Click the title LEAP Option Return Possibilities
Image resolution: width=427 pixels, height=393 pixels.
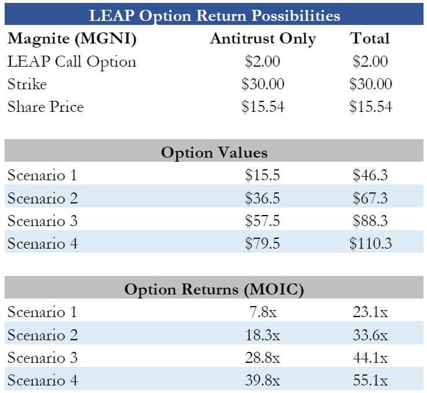coord(214,15)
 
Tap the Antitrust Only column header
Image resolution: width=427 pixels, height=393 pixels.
coord(262,39)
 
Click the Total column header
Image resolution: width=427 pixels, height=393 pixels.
coord(370,39)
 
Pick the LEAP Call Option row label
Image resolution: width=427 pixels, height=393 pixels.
coord(72,61)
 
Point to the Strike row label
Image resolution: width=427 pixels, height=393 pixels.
coord(27,84)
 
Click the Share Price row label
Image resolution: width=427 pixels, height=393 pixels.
coord(45,107)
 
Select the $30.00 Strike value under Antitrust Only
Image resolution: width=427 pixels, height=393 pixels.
coord(262,84)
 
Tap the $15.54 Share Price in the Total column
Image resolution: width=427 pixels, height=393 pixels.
coord(370,107)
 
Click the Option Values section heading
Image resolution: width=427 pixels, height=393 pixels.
coord(214,152)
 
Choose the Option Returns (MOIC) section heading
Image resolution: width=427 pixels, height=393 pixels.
coord(214,289)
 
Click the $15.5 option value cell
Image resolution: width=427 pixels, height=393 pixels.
coord(262,175)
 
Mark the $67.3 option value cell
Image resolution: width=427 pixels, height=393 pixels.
coord(370,198)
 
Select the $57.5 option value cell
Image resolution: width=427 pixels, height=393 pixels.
coord(262,221)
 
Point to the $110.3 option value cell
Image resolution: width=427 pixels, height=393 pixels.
coord(370,243)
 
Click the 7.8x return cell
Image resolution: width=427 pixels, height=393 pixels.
coord(262,312)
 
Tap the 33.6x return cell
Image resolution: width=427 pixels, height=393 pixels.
coord(370,335)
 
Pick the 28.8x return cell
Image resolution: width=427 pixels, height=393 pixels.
coord(262,358)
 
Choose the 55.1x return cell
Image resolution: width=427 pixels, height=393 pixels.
coord(370,380)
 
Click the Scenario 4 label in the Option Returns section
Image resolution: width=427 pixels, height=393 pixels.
coord(42,380)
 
